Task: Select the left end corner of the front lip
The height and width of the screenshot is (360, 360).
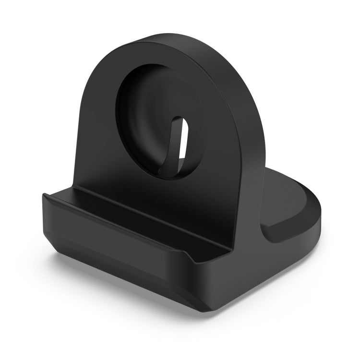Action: click(x=45, y=196)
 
